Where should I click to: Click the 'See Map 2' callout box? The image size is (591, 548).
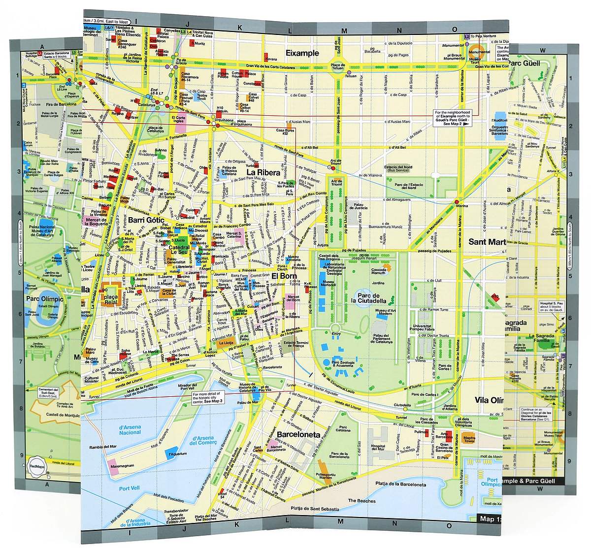[452, 118]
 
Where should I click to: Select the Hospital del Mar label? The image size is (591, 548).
[380, 447]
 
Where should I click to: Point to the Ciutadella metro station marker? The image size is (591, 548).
[406, 408]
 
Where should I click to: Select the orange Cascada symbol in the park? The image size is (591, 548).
[387, 266]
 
